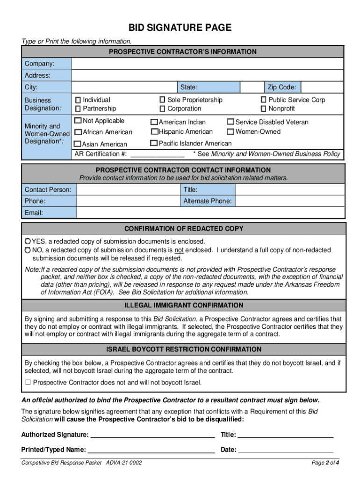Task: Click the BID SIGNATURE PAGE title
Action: coord(180,28)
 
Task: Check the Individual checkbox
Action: coord(78,100)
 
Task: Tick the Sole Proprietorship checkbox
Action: coord(162,100)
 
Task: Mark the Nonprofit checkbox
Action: coord(264,109)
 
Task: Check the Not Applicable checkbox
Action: coord(78,121)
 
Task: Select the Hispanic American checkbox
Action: coord(154,132)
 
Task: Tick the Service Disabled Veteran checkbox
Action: coord(230,122)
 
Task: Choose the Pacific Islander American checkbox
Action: coord(153,143)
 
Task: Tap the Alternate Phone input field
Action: coord(289,201)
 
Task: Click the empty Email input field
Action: coord(210,213)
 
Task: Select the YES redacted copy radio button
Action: coord(28,241)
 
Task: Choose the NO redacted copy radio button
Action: coord(28,250)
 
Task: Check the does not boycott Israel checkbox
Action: coord(28,383)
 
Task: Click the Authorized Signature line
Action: coord(152,435)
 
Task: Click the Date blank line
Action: coord(286,450)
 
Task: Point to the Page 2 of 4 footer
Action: coord(325,463)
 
